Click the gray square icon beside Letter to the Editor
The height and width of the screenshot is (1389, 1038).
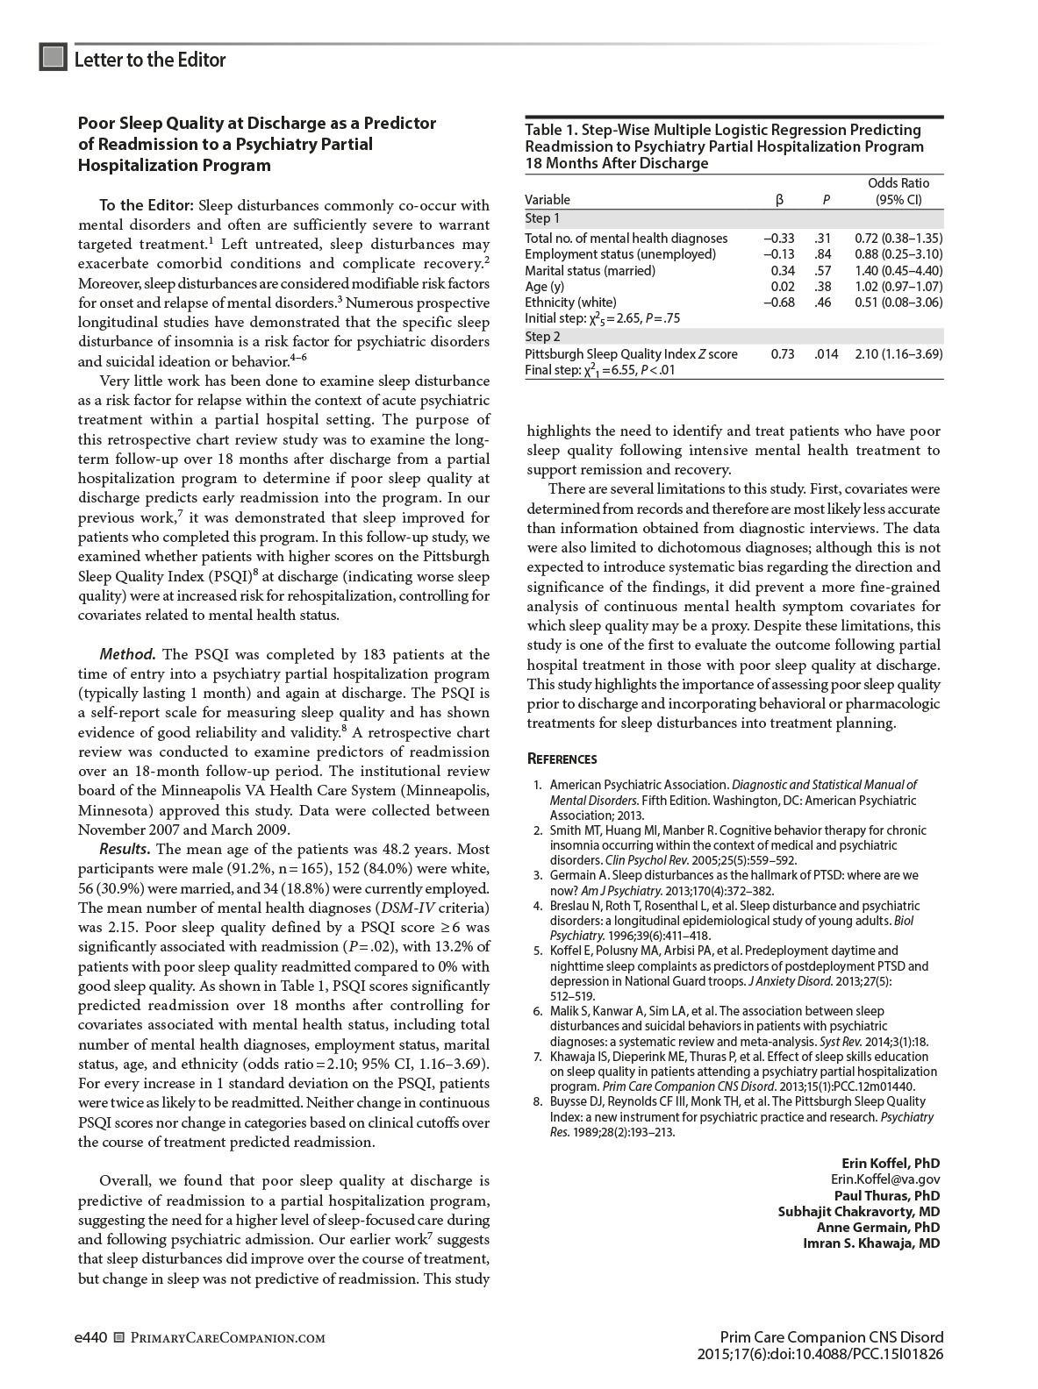pyautogui.click(x=53, y=57)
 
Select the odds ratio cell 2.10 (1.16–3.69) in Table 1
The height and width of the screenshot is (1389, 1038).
pyautogui.click(x=898, y=354)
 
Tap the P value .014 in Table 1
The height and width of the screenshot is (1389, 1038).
pyautogui.click(x=826, y=354)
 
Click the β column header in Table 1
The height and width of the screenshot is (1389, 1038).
pyautogui.click(x=780, y=200)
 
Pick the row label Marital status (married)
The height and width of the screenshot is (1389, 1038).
pyautogui.click(x=590, y=271)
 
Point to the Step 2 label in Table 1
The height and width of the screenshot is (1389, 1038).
pyautogui.click(x=542, y=337)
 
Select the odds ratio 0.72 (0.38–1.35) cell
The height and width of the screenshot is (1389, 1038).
pyautogui.click(x=898, y=239)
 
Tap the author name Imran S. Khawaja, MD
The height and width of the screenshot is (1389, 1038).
pyautogui.click(x=871, y=1243)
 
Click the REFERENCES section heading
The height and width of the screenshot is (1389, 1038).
pyautogui.click(x=562, y=759)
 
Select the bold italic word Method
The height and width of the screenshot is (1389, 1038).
pyautogui.click(x=127, y=654)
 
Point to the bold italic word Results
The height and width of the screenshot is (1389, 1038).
pyautogui.click(x=125, y=849)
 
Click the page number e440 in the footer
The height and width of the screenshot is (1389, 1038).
pyautogui.click(x=91, y=1338)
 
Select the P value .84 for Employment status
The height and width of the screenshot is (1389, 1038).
pyautogui.click(x=823, y=254)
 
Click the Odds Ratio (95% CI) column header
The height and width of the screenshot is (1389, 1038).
pyautogui.click(x=898, y=191)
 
